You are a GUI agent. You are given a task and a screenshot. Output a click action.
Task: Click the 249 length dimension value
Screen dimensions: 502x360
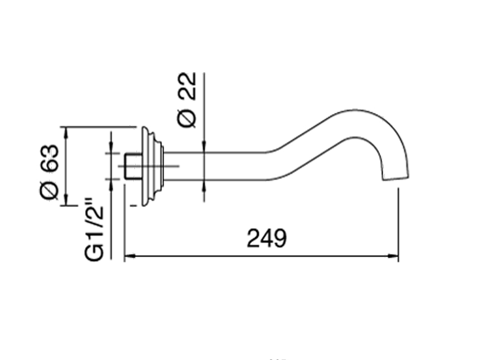[x=267, y=238]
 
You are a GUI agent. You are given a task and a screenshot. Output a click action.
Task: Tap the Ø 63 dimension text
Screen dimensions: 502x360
[x=49, y=172]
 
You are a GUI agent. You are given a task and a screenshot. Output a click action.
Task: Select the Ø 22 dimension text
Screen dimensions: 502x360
[x=186, y=100]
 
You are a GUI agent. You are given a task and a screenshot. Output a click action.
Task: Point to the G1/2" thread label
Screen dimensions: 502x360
[x=94, y=230]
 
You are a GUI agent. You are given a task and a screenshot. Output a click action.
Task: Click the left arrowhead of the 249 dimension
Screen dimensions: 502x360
[x=129, y=256]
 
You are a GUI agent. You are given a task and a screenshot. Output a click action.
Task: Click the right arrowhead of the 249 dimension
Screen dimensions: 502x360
[x=393, y=256]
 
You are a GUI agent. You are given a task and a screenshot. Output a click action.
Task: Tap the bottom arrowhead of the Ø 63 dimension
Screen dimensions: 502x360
[x=66, y=200]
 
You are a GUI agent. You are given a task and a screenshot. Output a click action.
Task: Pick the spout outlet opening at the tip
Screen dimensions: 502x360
[x=396, y=179]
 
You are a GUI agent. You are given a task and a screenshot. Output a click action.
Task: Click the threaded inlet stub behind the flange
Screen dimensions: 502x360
[x=133, y=166]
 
